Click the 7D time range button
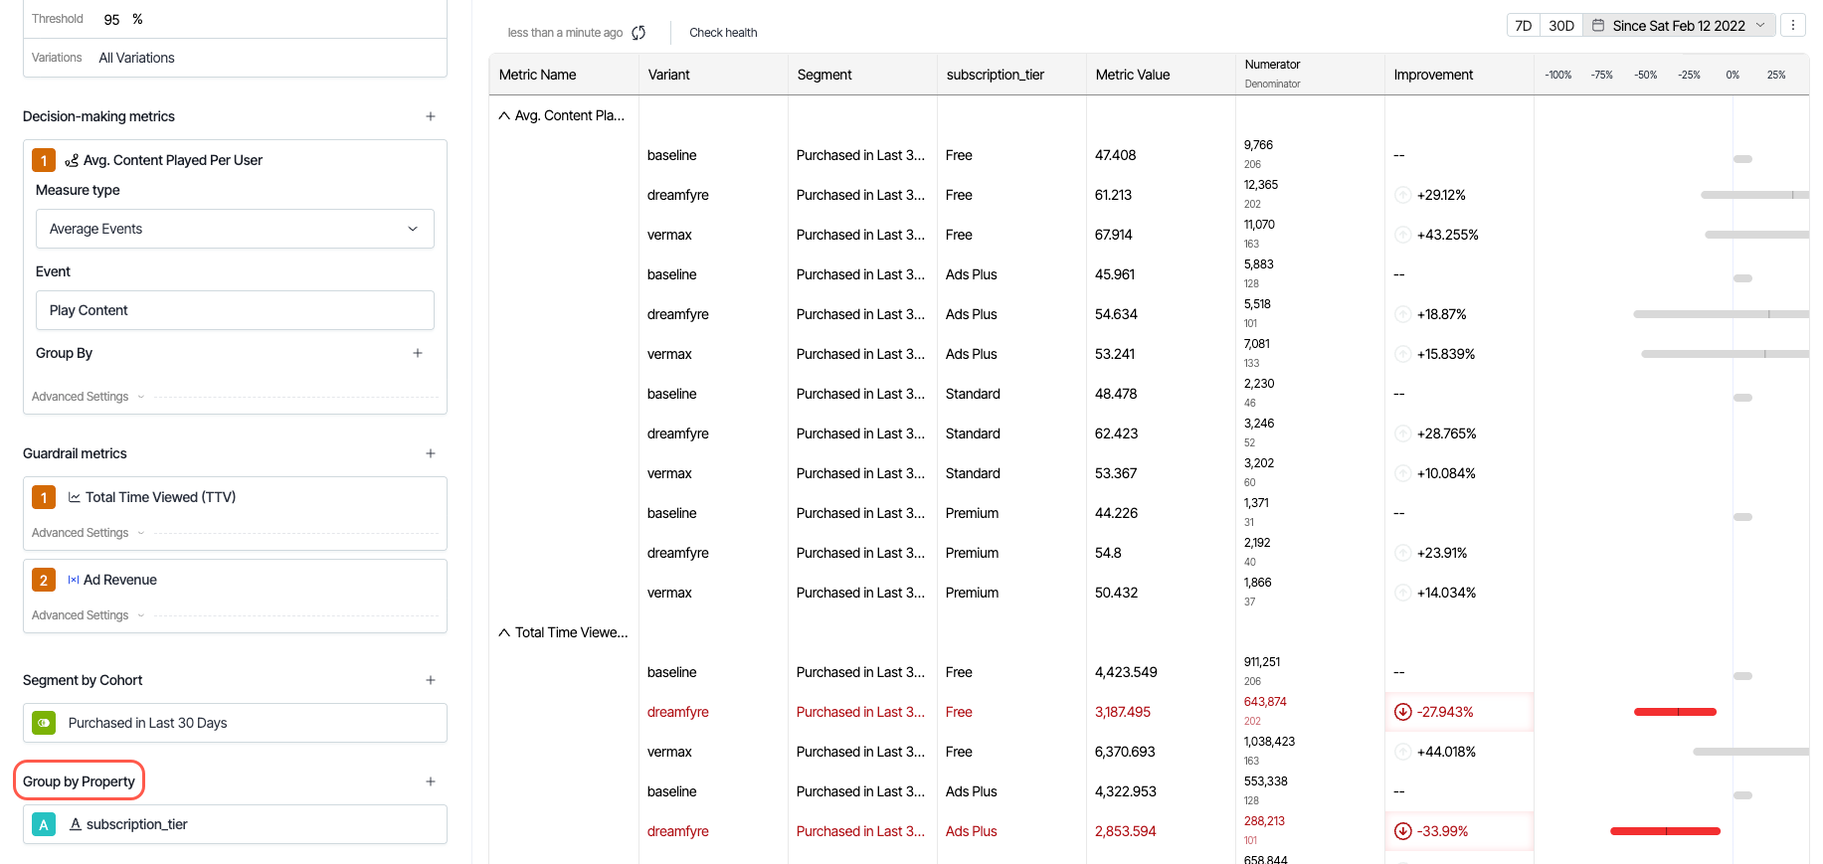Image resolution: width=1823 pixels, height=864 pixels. (1523, 26)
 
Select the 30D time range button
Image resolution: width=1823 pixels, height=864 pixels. (1561, 26)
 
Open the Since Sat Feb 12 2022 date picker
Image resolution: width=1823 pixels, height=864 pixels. (1679, 26)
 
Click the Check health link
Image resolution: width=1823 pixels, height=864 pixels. (723, 33)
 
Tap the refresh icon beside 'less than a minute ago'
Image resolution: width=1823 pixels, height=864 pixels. (638, 33)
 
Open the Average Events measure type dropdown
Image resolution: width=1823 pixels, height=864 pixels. (235, 229)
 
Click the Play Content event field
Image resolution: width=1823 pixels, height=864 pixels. (235, 310)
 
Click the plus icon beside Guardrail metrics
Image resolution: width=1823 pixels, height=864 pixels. (431, 453)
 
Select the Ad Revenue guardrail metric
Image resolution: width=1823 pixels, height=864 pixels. (120, 580)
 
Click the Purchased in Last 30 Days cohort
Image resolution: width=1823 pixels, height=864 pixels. (147, 723)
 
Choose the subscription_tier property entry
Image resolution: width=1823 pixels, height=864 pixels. (136, 824)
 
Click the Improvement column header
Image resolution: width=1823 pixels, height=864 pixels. (1433, 75)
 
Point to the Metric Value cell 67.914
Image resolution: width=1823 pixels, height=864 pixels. (1114, 235)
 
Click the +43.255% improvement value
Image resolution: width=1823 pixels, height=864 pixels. (1447, 235)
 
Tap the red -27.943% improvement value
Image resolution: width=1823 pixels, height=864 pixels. (1445, 712)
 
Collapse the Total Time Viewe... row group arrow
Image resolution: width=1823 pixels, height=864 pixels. (504, 632)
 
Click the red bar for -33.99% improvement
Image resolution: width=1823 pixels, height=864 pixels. (1665, 831)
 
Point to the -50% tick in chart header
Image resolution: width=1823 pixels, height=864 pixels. (1646, 75)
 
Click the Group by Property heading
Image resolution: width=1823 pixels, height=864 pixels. (79, 781)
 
